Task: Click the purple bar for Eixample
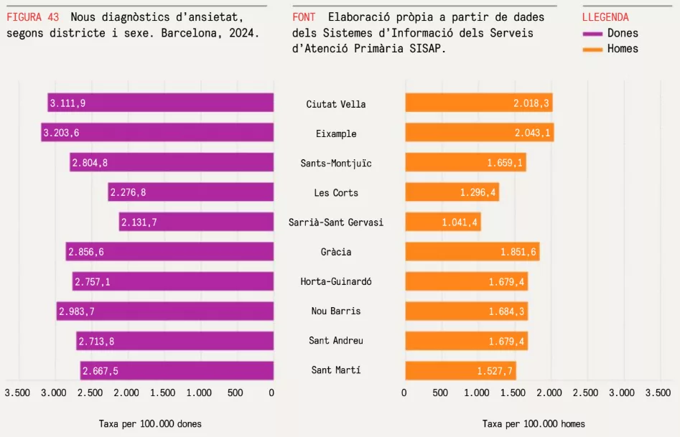(158, 133)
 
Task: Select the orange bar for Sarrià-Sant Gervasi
(443, 222)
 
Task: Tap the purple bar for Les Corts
(191, 192)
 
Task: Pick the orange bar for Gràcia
(472, 252)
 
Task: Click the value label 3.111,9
(67, 103)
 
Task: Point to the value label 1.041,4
(460, 222)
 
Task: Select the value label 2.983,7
(77, 311)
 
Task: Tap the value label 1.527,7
(495, 371)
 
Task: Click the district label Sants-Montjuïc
(336, 163)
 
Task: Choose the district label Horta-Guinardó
(336, 281)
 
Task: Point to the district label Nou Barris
(336, 311)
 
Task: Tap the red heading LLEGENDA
(605, 17)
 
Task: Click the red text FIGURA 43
(32, 17)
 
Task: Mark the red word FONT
(304, 17)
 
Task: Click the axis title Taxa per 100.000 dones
(150, 424)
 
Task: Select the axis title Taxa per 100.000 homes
(534, 424)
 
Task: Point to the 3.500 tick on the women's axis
(17, 393)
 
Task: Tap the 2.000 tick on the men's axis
(549, 393)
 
